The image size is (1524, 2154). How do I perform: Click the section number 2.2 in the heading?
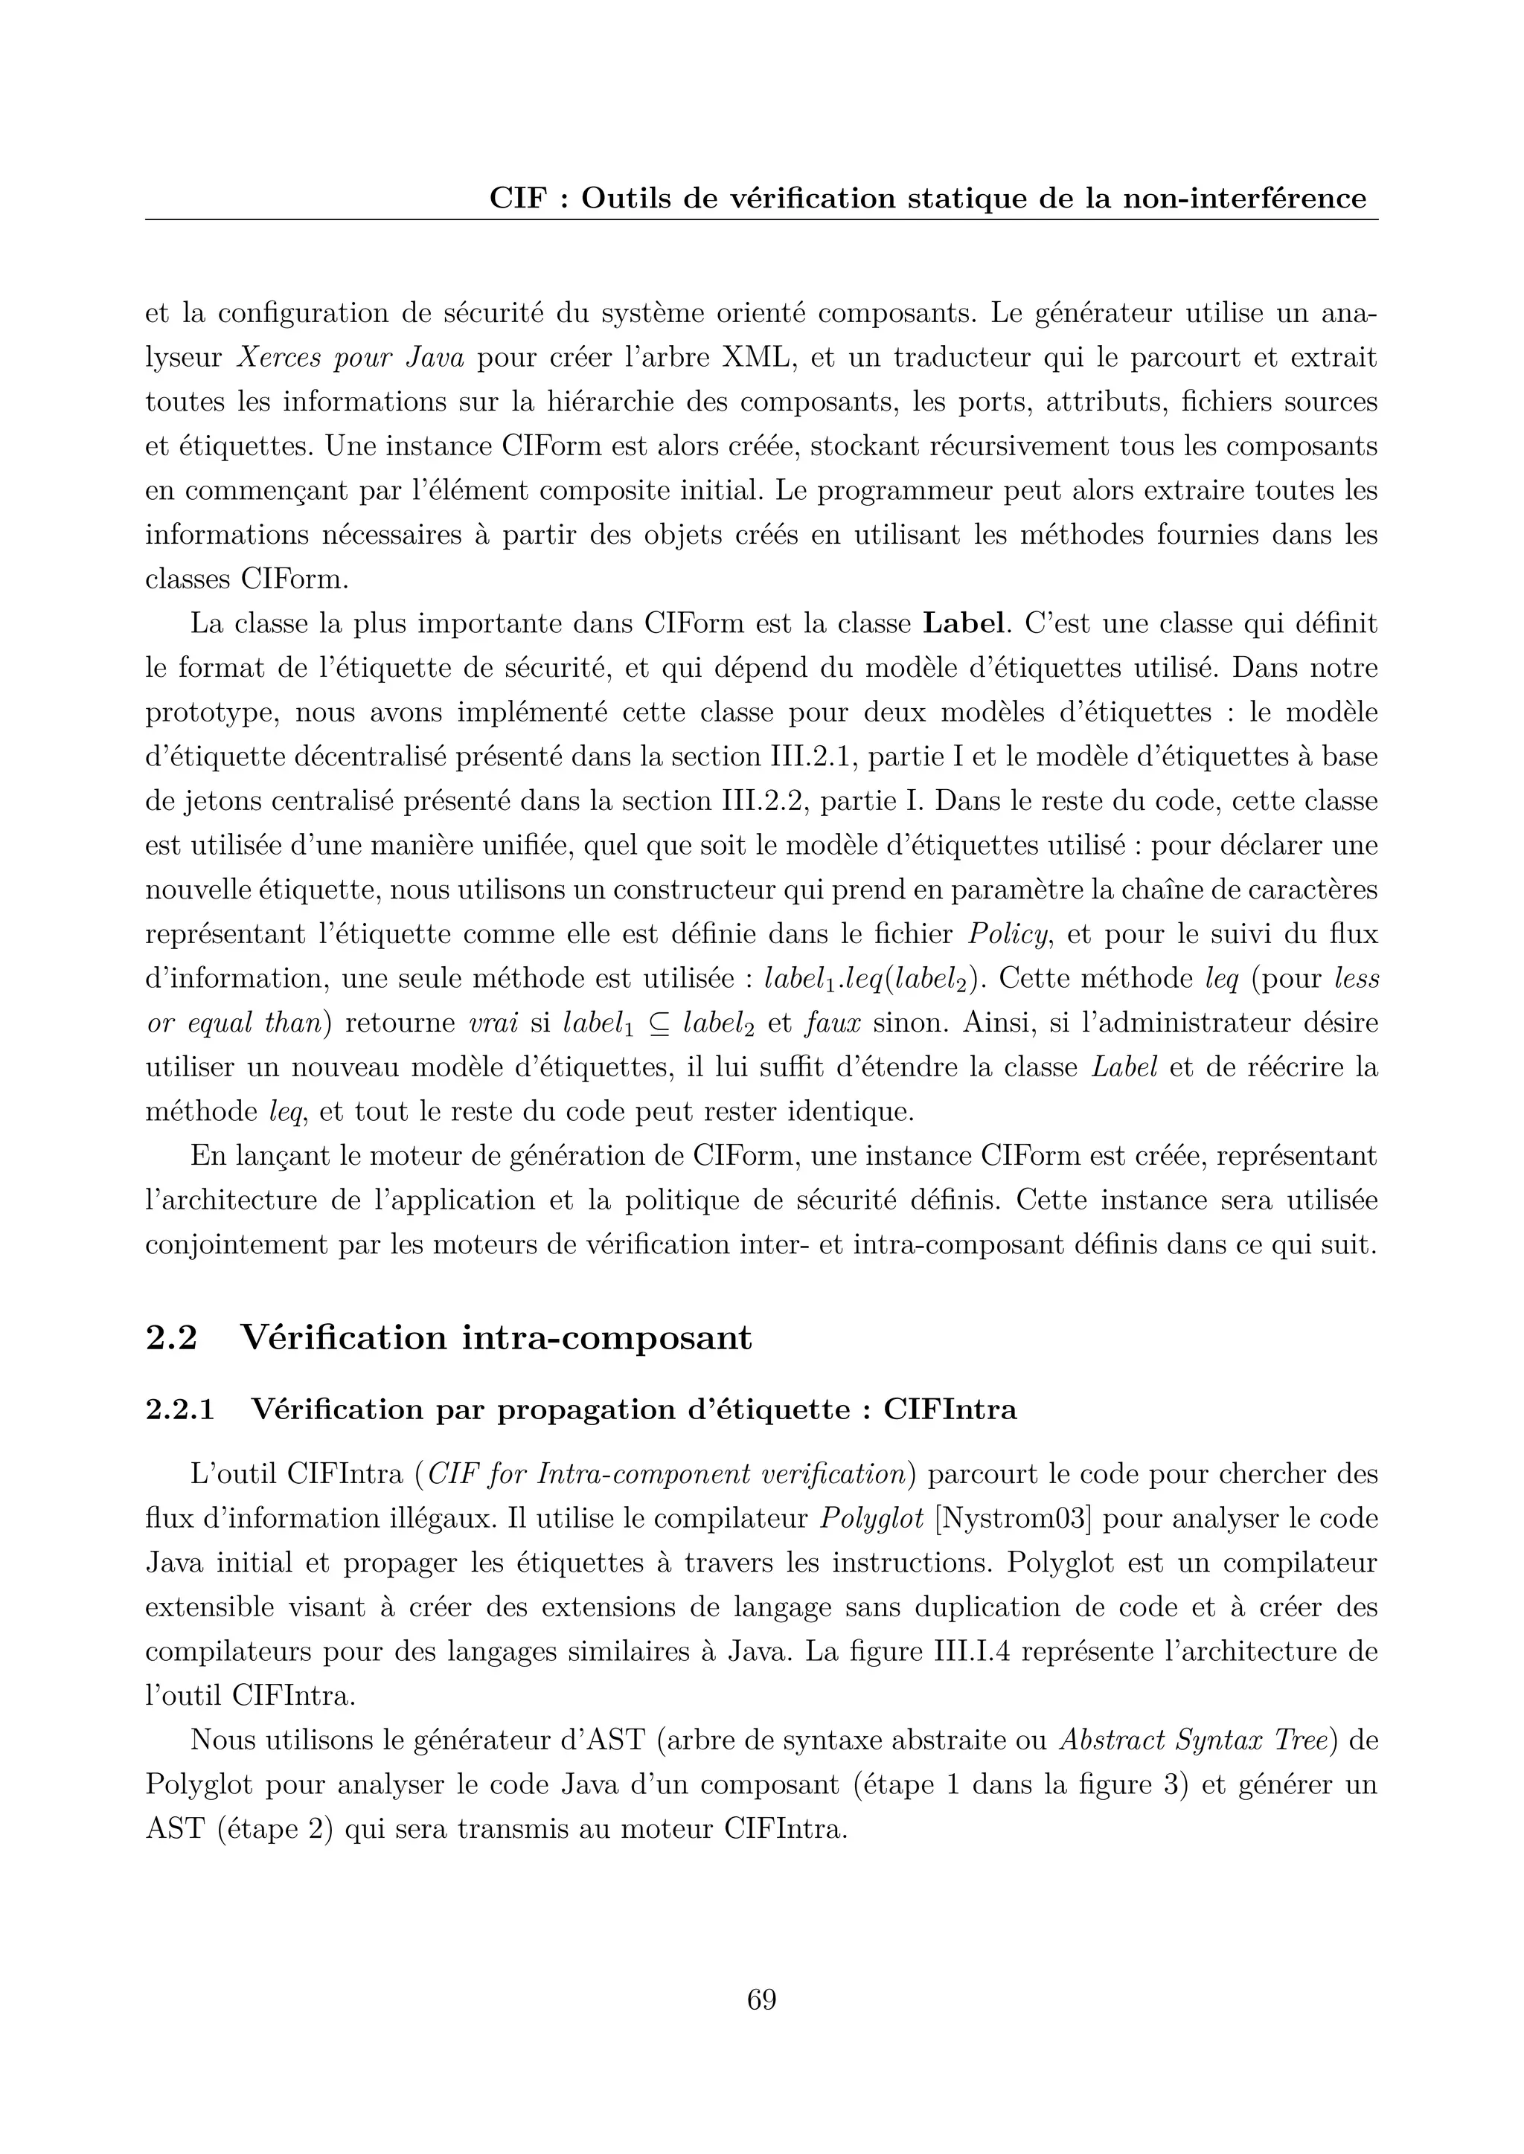[x=171, y=1337]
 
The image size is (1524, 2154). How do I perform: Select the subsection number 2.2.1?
[x=179, y=1410]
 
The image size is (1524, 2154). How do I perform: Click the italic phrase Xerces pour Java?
[x=355, y=359]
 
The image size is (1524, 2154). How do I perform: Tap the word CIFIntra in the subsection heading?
[x=950, y=1410]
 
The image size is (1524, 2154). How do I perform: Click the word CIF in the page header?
[x=517, y=199]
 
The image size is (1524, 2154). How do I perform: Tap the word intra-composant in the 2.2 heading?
[x=606, y=1337]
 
